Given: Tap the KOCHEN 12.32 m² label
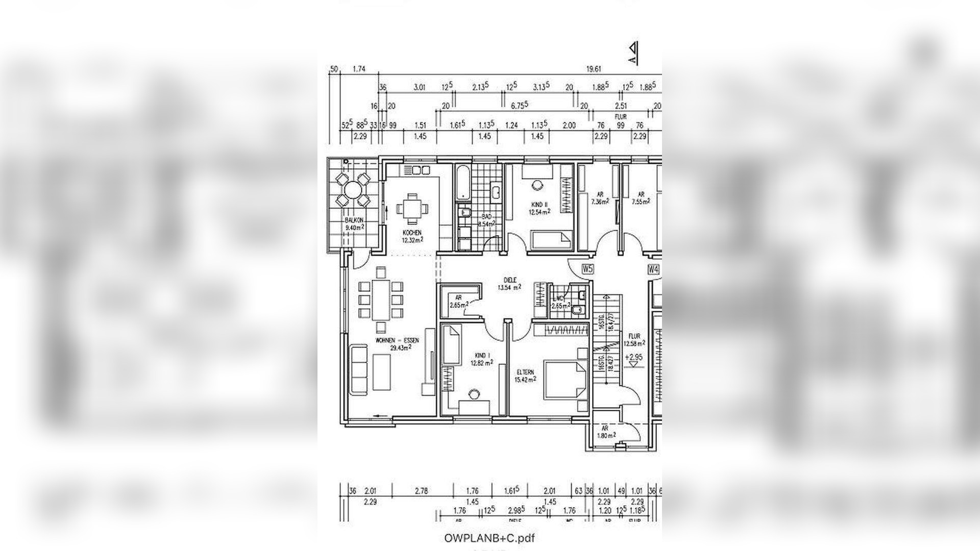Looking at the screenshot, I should tap(412, 236).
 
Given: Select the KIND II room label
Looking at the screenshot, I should tap(539, 208).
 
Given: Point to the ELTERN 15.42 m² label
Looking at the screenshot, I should tap(525, 376).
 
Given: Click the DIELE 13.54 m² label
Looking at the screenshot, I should tap(509, 284).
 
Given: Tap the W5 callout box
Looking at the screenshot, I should tap(587, 269).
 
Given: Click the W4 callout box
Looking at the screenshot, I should tap(653, 269).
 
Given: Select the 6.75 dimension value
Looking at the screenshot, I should tap(519, 105).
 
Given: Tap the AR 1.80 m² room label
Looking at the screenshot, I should tap(606, 432).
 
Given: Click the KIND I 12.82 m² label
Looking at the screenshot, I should tap(481, 359).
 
